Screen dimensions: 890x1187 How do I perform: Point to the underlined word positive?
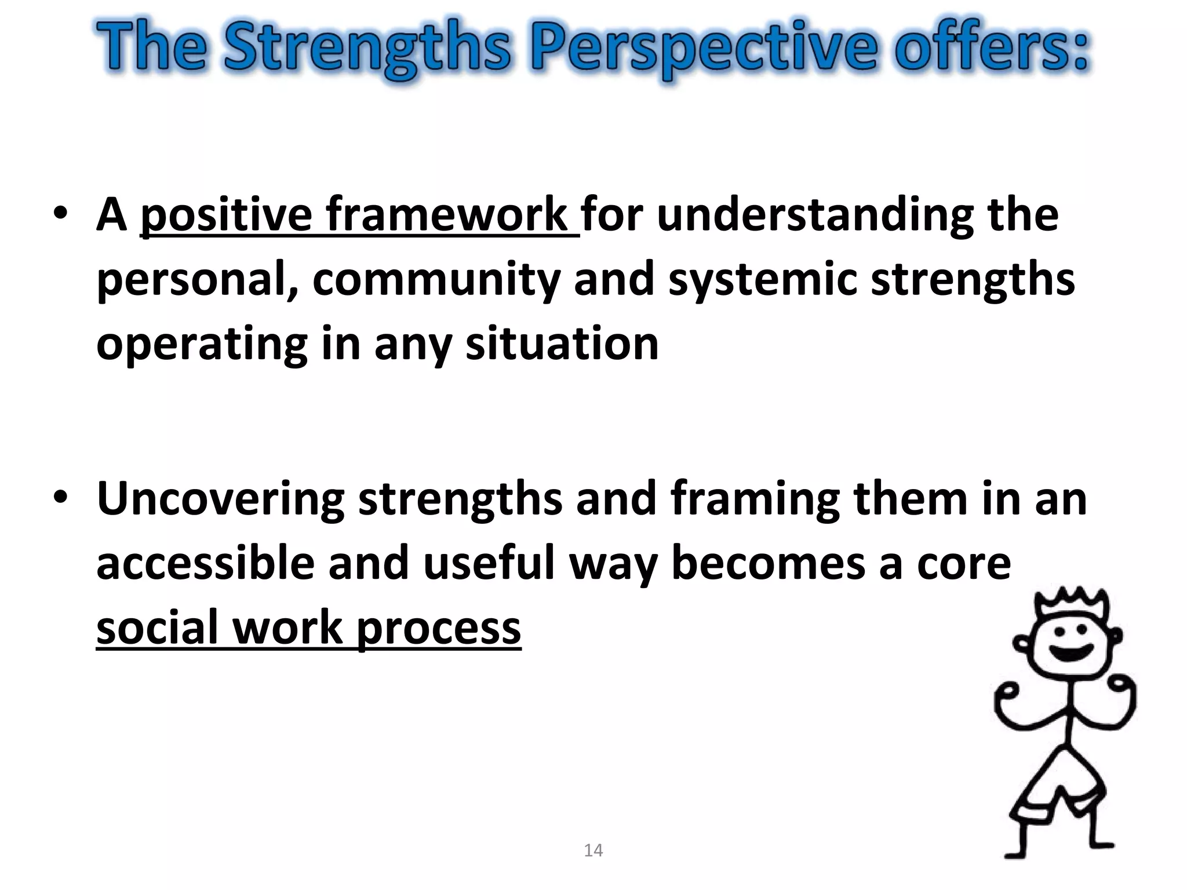(226, 215)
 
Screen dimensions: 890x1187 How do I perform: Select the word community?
(436, 279)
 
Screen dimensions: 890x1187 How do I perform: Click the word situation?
(562, 344)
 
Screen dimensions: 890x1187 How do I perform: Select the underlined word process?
(439, 628)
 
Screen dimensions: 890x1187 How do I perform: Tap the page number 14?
(593, 851)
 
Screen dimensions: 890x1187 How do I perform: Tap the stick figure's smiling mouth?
(1072, 652)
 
